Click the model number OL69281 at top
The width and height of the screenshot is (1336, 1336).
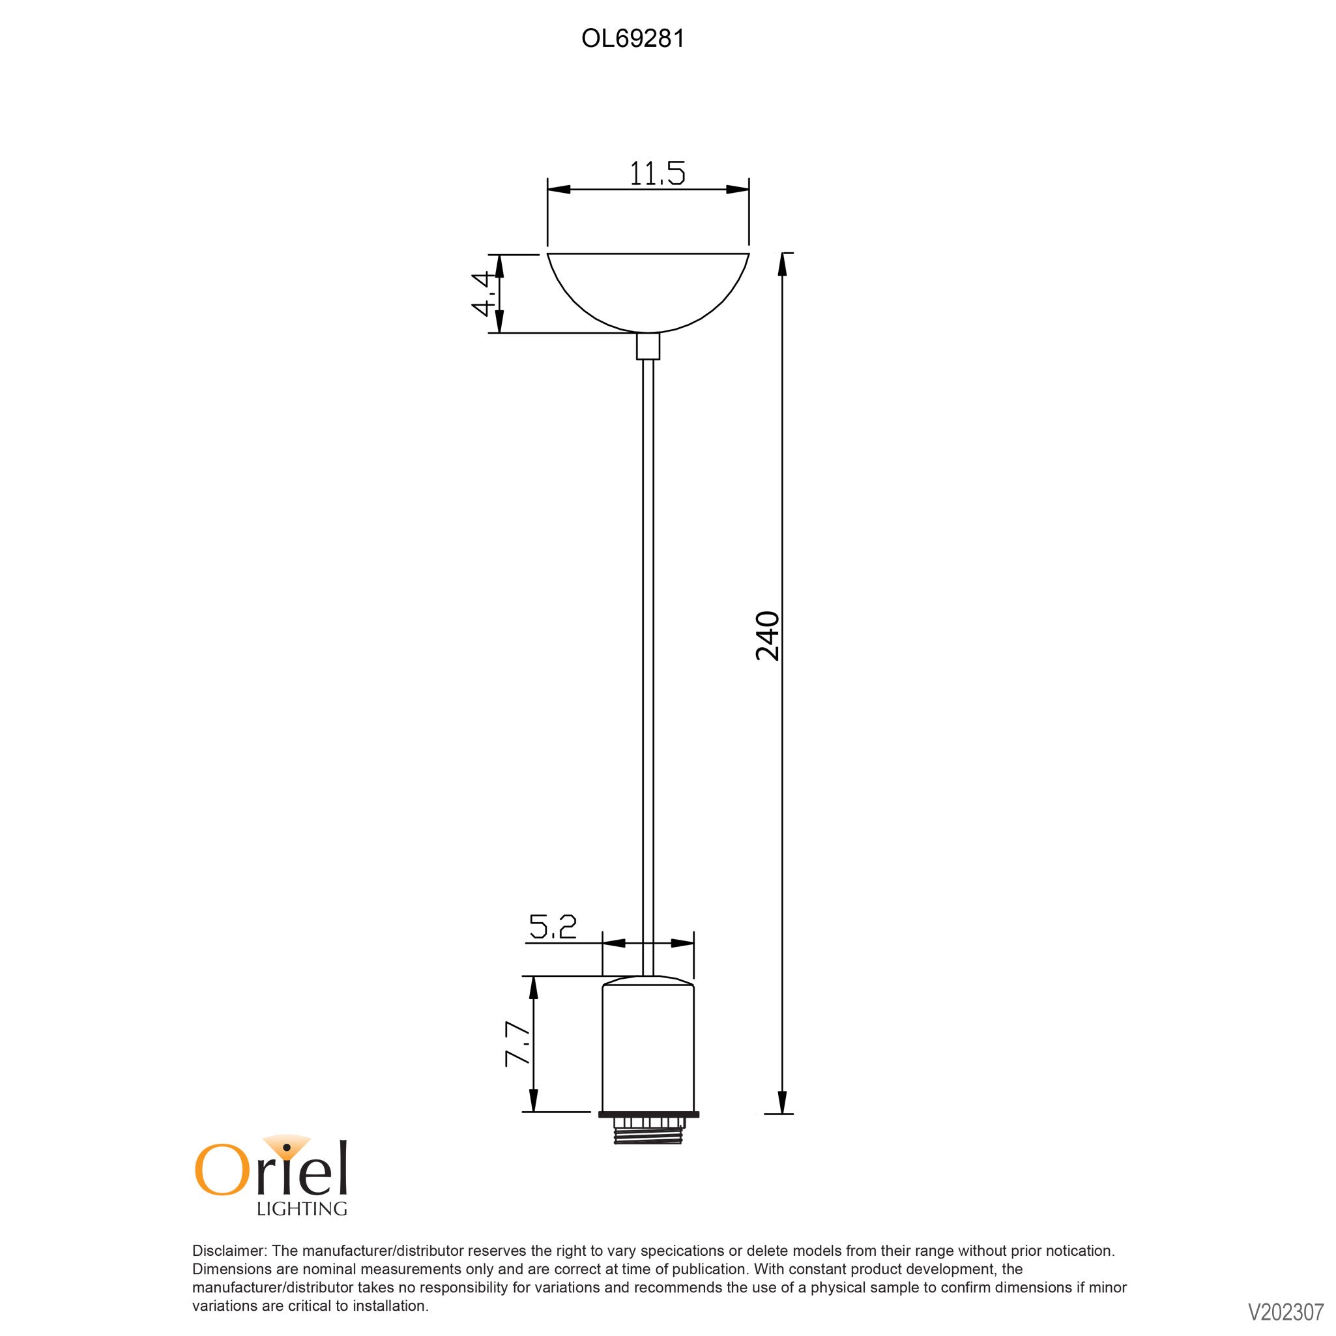pyautogui.click(x=633, y=39)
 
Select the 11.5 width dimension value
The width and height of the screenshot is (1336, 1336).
pyautogui.click(x=657, y=173)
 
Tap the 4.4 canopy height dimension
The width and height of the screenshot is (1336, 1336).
pyautogui.click(x=485, y=294)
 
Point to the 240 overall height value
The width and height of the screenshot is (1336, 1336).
pyautogui.click(x=768, y=635)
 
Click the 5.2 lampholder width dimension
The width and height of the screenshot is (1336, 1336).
pyautogui.click(x=553, y=928)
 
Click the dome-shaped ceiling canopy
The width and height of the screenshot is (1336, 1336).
pyautogui.click(x=648, y=291)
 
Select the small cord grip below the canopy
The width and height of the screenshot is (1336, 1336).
pyautogui.click(x=648, y=347)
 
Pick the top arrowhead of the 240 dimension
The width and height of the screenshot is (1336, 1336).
pyautogui.click(x=782, y=263)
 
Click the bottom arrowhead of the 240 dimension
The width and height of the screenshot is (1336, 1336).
pyautogui.click(x=782, y=1102)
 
